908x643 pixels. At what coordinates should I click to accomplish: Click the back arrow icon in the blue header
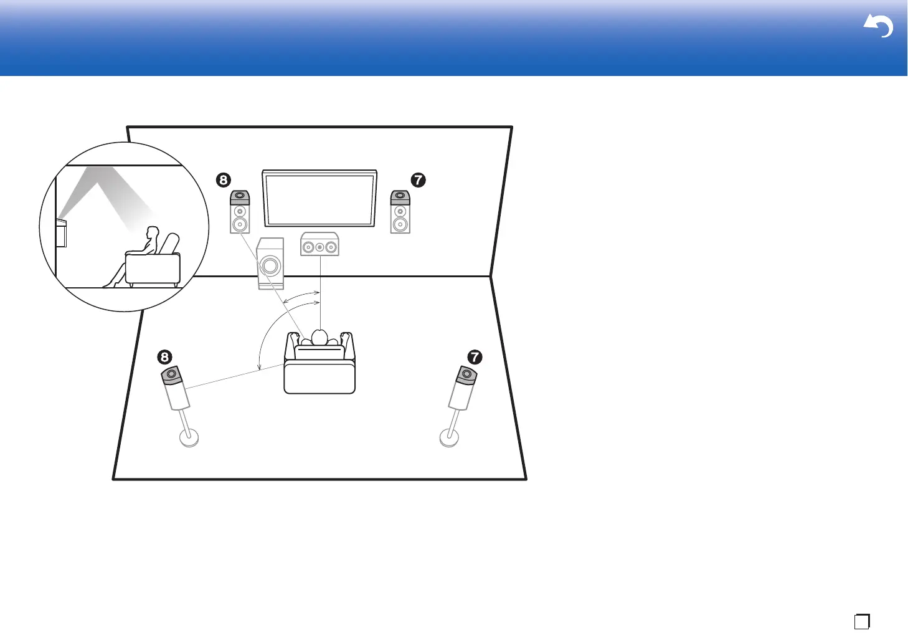[878, 26]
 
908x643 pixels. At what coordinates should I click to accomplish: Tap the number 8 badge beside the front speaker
[223, 180]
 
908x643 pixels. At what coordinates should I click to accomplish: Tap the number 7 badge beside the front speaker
[418, 180]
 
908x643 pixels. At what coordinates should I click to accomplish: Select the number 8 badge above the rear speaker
[164, 357]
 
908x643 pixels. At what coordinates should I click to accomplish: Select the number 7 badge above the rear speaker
[475, 357]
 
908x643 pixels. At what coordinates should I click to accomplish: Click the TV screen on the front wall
[319, 199]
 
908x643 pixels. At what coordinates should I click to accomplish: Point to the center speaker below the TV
[319, 245]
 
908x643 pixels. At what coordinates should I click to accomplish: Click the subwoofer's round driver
[270, 266]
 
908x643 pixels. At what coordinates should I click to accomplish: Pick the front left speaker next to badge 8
[240, 212]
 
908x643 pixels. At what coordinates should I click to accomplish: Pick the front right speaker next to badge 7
[400, 212]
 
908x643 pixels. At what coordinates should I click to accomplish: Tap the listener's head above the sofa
[319, 337]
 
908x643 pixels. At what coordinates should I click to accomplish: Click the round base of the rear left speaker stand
[189, 437]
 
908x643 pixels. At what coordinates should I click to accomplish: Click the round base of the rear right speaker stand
[450, 437]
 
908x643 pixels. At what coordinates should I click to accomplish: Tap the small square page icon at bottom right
[862, 621]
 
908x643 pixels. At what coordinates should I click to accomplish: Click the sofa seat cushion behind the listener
[319, 378]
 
